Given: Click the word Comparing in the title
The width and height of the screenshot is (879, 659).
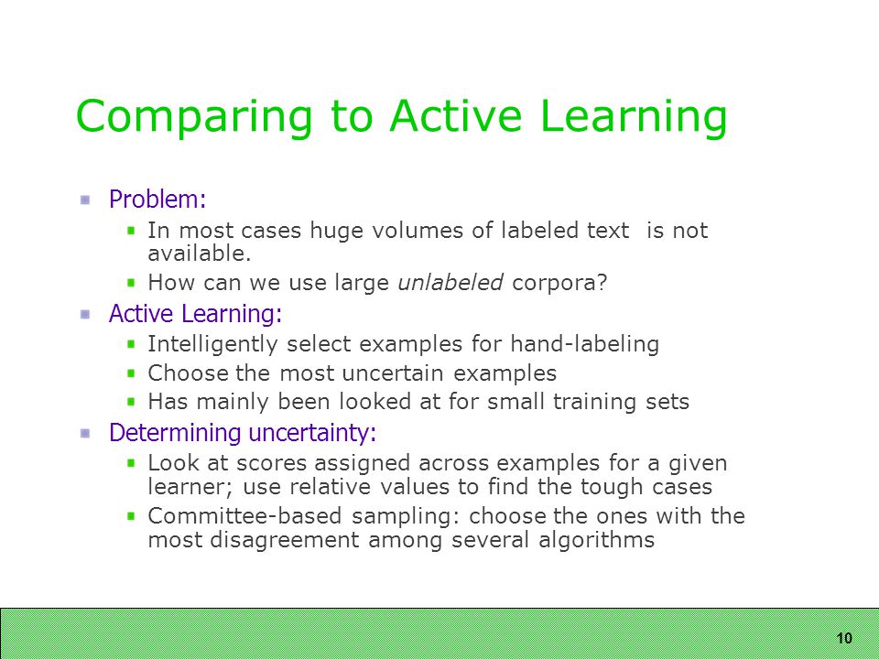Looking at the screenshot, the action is (x=193, y=116).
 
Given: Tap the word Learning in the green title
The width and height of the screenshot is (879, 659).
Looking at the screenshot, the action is (x=634, y=116).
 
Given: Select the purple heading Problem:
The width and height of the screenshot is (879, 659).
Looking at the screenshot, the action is (x=157, y=199).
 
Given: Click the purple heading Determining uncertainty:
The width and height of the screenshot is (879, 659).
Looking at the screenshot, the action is (x=242, y=433).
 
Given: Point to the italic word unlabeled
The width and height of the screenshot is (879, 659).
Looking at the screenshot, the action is (x=450, y=282).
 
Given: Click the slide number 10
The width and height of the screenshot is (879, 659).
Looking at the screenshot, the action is (x=844, y=638).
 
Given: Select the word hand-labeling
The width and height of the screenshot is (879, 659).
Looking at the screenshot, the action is (x=584, y=344).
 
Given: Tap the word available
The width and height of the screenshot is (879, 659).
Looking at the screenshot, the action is (x=200, y=254).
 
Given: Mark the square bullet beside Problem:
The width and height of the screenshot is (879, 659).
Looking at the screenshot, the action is (x=85, y=200).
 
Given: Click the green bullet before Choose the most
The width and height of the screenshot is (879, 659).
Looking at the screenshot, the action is (x=131, y=373).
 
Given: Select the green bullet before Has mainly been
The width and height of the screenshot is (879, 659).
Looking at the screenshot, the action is (x=131, y=401).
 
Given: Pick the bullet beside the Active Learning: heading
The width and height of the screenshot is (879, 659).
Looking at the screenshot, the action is (x=85, y=314).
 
